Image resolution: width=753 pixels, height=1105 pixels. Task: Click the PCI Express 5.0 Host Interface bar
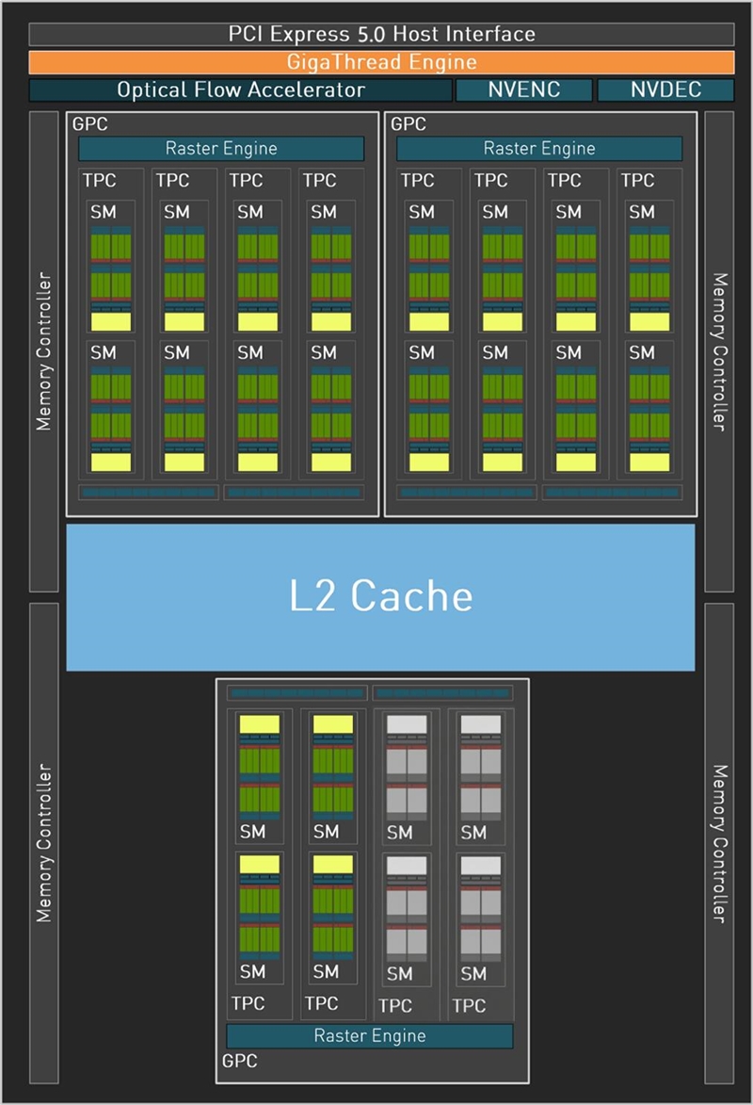[x=381, y=35]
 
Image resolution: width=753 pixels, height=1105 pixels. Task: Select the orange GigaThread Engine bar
[x=381, y=63]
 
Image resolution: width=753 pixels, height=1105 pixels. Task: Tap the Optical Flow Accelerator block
[x=240, y=90]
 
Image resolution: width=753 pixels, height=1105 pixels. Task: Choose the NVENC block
[x=524, y=90]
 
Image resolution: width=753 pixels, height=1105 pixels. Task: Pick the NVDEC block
[x=665, y=90]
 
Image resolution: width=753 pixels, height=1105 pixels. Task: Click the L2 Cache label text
[x=380, y=595]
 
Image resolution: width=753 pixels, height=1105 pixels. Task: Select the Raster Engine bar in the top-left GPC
[x=221, y=148]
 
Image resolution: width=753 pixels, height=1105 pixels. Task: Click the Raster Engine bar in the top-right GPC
[x=539, y=148]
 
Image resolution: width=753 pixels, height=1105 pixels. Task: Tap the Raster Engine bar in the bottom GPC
[x=370, y=1035]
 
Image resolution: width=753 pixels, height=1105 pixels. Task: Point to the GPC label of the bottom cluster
[x=239, y=1062]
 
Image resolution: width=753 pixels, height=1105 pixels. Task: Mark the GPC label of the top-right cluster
[x=409, y=123]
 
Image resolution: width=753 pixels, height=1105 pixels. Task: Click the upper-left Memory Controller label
[x=44, y=352]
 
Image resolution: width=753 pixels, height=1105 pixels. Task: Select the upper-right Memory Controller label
[x=719, y=352]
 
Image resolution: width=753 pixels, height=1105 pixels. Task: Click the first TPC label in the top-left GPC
[x=99, y=180]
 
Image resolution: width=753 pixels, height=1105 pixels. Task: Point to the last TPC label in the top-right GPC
[x=637, y=180]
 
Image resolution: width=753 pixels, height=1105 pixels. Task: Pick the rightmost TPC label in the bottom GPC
[x=469, y=1006]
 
